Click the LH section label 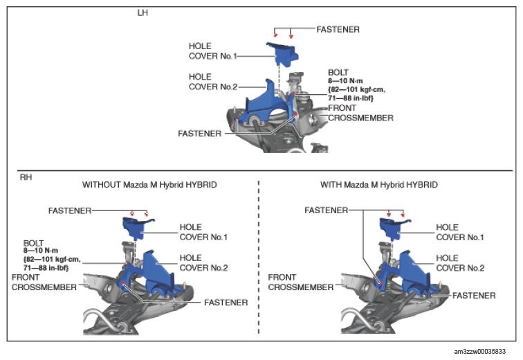143,12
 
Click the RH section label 26,177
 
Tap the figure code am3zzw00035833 479,351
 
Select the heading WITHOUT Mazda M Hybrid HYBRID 149,185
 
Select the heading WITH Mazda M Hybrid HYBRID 379,185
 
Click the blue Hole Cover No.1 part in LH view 282,54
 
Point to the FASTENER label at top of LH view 338,29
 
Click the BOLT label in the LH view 338,73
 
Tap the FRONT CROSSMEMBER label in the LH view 360,113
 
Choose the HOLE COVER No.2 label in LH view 213,82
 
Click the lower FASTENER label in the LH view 199,134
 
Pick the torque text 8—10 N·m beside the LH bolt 345,81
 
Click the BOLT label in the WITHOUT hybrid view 33,243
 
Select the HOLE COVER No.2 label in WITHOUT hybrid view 203,263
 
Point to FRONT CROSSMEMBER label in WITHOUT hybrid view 44,282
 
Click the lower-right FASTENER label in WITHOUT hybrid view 226,303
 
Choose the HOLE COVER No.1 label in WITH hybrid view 460,232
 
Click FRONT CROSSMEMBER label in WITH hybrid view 300,282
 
